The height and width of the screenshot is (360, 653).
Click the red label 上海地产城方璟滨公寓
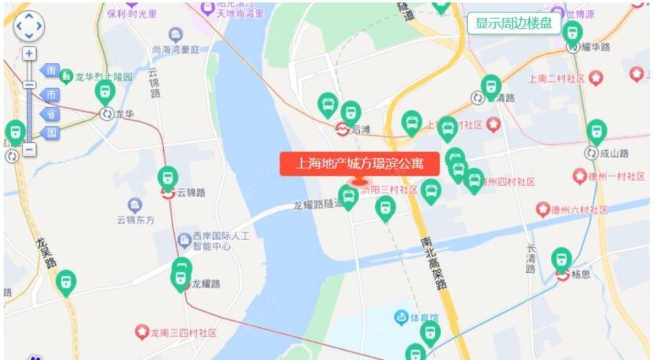tap(360, 164)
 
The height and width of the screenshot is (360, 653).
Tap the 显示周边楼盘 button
tap(514, 24)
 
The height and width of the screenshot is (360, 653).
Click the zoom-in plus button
tap(29, 54)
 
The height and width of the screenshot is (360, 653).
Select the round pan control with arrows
tap(29, 27)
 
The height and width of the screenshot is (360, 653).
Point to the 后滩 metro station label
tap(361, 129)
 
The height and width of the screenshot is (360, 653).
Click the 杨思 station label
tap(580, 274)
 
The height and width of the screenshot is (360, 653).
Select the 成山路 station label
tap(615, 153)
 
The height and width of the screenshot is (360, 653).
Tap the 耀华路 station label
tap(596, 47)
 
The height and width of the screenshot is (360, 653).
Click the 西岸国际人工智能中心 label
tap(221, 240)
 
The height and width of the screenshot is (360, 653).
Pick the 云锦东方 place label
tap(135, 220)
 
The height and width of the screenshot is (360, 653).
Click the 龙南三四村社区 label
tap(183, 333)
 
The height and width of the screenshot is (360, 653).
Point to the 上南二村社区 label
tap(557, 79)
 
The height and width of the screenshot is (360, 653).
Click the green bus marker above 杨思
tap(561, 259)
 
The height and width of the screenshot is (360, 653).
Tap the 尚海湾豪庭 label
tap(176, 49)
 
